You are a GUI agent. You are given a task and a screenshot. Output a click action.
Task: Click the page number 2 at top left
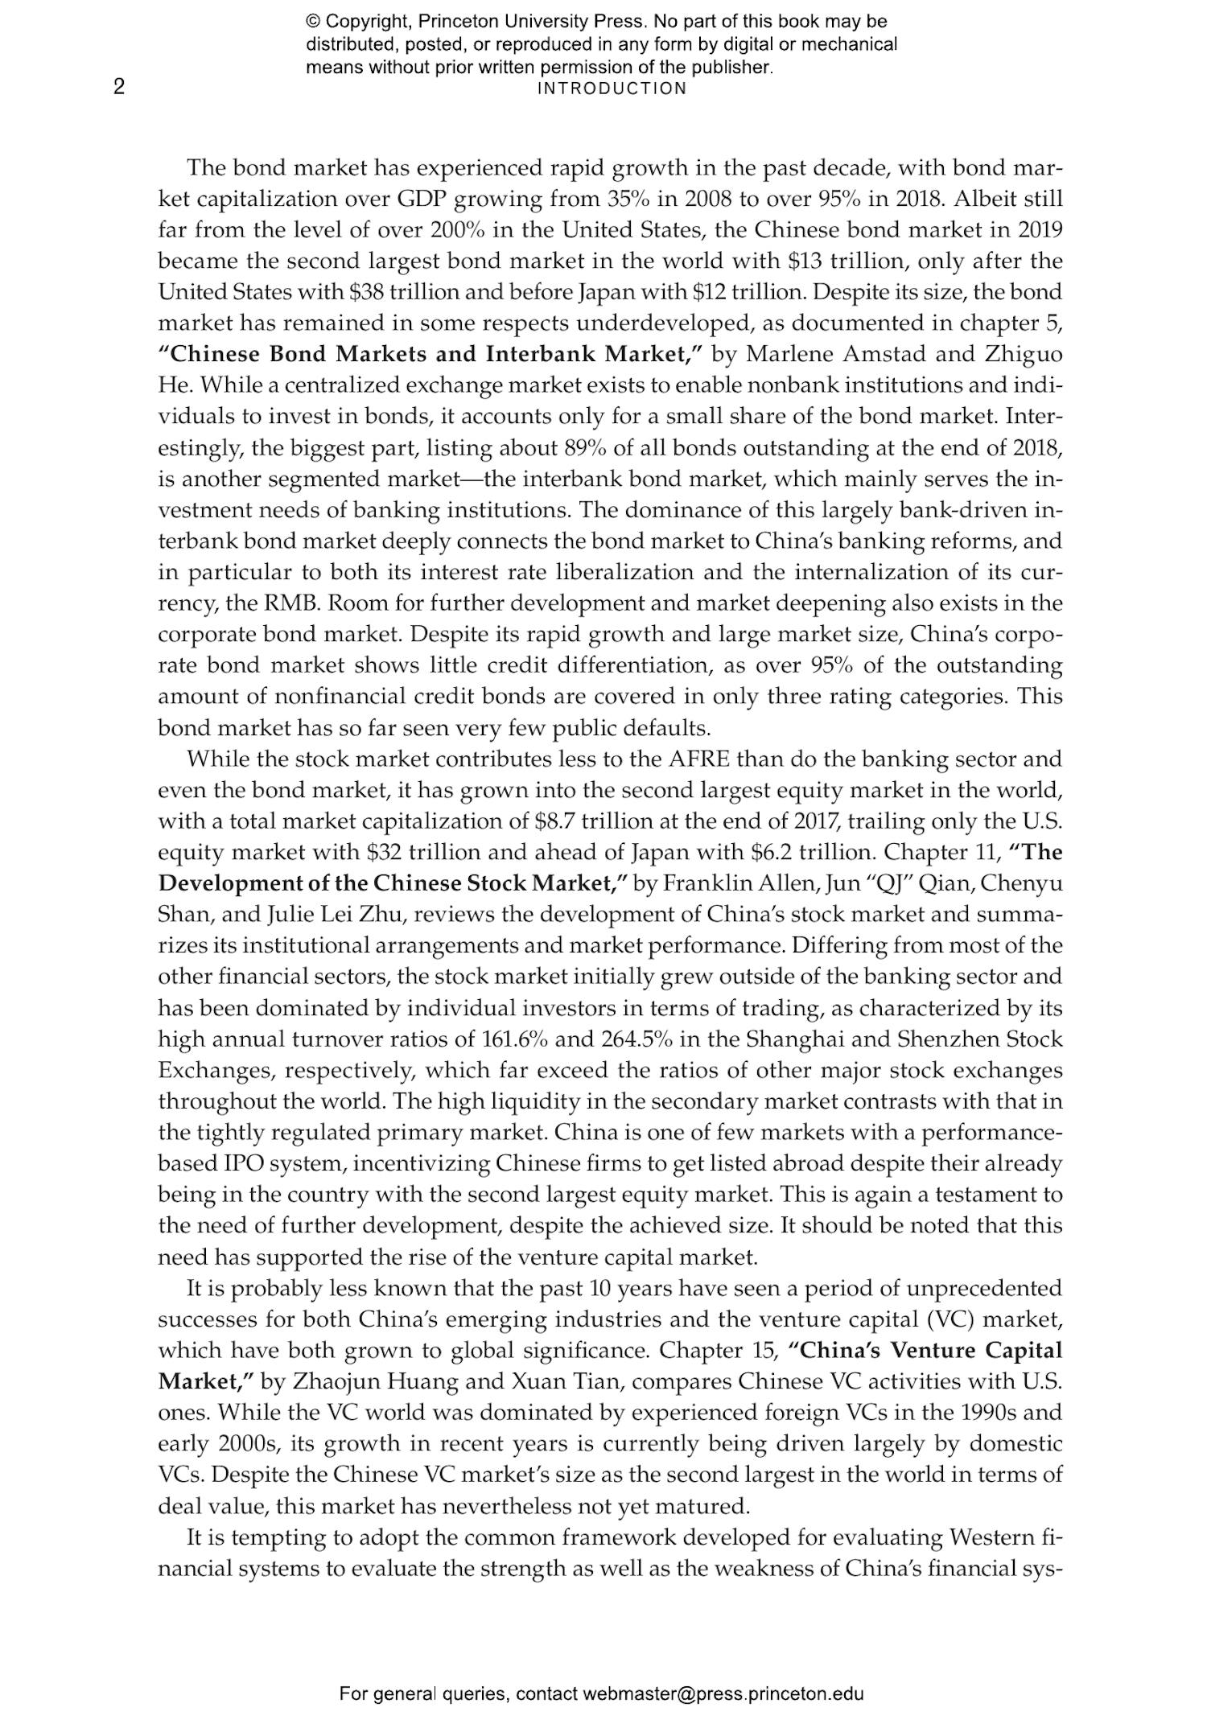[119, 87]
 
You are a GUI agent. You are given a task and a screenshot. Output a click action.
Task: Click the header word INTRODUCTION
[612, 88]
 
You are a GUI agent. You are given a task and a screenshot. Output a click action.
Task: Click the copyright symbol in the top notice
[313, 22]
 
